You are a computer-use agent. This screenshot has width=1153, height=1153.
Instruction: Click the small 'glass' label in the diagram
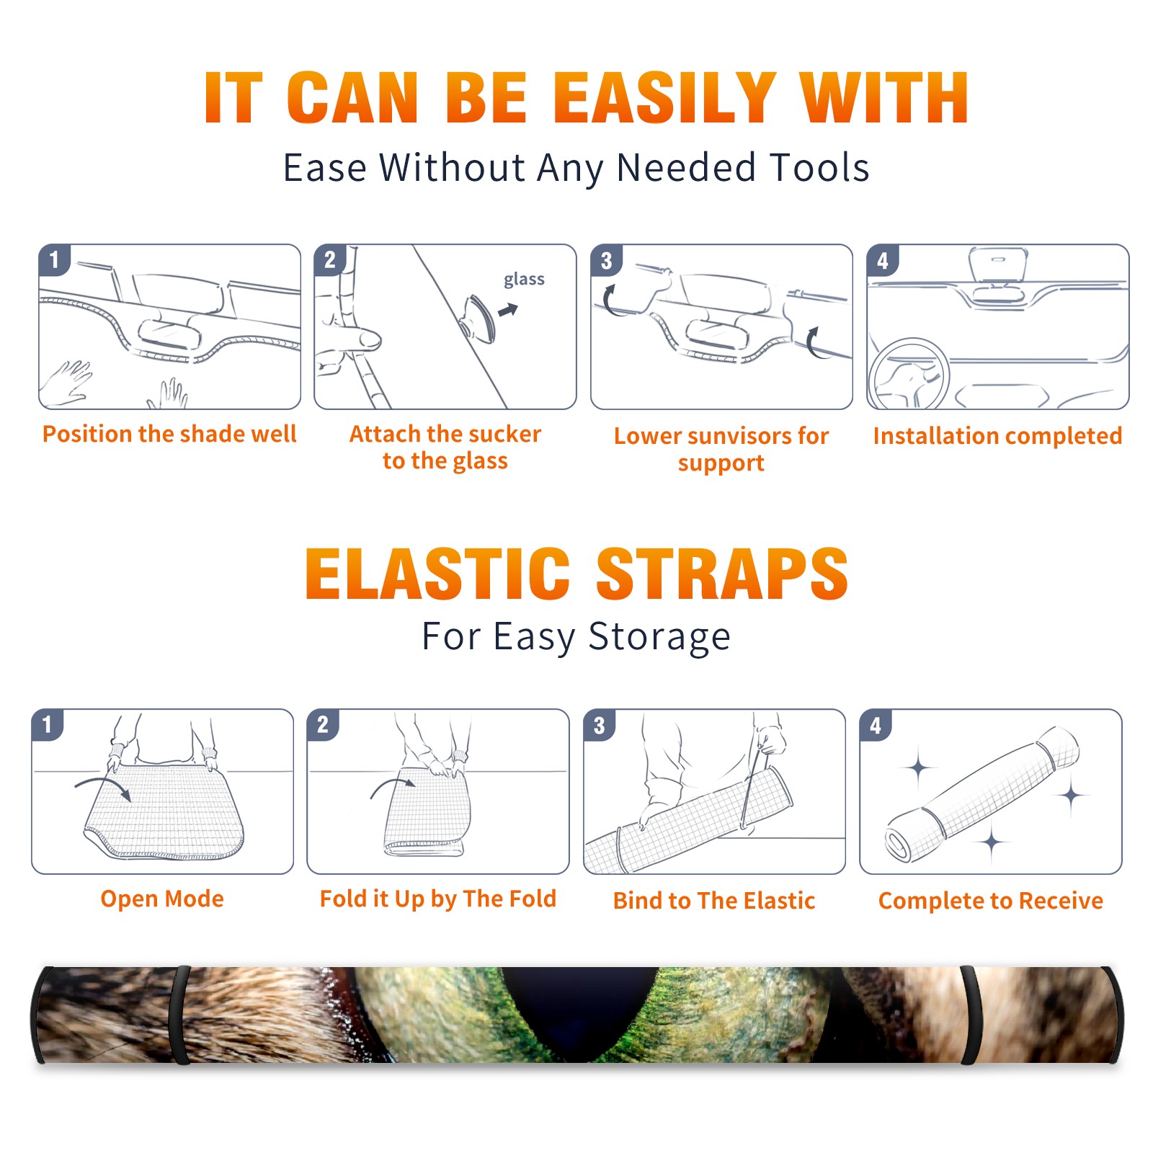pos(524,280)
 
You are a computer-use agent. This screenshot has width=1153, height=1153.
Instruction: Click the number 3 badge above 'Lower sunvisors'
pos(606,260)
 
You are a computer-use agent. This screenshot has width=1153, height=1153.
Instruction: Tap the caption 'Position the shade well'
pos(169,434)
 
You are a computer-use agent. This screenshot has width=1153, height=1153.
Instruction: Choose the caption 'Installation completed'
pos(997,436)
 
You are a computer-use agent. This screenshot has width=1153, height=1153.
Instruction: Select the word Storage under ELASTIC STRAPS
pos(659,637)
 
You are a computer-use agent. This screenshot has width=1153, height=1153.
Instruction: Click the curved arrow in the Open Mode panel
pos(103,787)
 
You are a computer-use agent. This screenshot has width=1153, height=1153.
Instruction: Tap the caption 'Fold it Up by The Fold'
pos(438,899)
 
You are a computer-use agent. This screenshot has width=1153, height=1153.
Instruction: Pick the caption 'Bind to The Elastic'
pos(713,901)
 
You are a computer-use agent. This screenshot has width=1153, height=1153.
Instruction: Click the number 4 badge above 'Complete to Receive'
pos(876,725)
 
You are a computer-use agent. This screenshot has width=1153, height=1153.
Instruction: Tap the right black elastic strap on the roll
pos(971,1015)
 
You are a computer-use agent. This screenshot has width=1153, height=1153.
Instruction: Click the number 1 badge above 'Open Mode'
pos(47,725)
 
